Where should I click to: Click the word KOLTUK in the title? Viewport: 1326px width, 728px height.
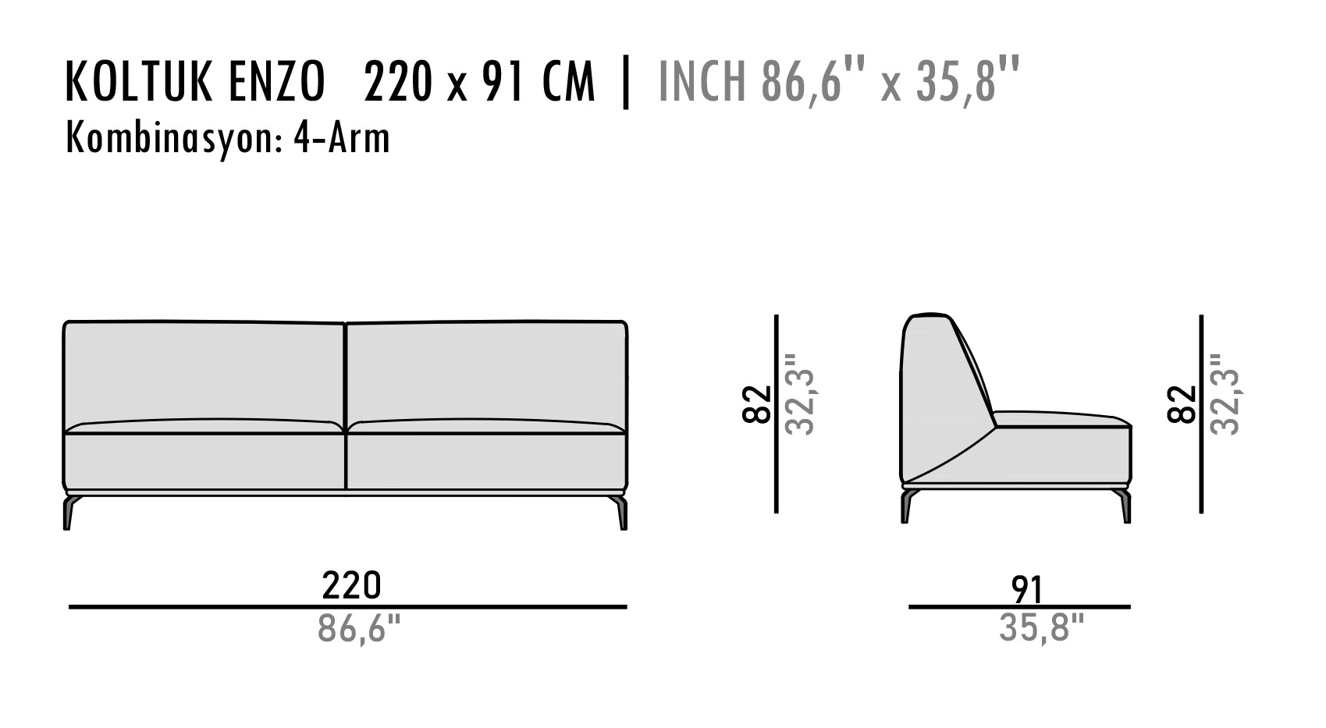pos(138,82)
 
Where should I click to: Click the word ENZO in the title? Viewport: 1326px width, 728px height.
pos(276,82)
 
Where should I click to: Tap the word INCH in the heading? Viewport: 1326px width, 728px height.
pos(702,82)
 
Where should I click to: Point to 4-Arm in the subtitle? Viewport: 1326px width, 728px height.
pos(342,139)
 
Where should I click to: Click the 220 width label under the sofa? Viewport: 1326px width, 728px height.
pos(352,585)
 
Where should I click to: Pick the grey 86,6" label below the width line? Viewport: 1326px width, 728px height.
pos(359,628)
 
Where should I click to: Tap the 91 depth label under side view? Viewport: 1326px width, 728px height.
pos(1026,590)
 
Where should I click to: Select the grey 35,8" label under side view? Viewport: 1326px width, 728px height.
pos(1041,627)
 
